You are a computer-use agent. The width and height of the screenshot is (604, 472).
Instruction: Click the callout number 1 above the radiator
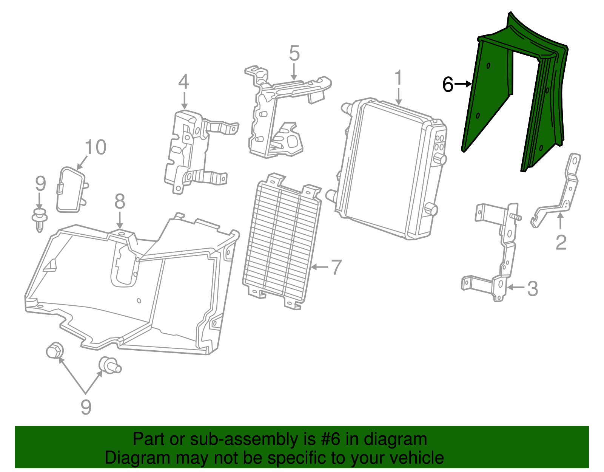[x=398, y=77]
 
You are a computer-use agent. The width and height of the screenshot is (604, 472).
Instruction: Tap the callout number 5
[x=294, y=53]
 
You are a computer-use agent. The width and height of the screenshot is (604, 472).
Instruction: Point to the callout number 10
[x=96, y=147]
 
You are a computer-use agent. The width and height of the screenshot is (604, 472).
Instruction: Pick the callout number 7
[x=336, y=267]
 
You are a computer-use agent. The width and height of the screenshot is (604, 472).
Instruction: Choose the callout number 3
[x=533, y=289]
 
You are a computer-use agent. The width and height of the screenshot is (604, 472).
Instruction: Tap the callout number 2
[x=561, y=243]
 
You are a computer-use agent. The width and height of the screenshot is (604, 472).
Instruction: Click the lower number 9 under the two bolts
[x=86, y=407]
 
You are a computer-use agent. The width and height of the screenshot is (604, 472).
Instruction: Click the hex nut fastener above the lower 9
[x=55, y=350]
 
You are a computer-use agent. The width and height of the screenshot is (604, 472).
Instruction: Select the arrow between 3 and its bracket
[x=516, y=287]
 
